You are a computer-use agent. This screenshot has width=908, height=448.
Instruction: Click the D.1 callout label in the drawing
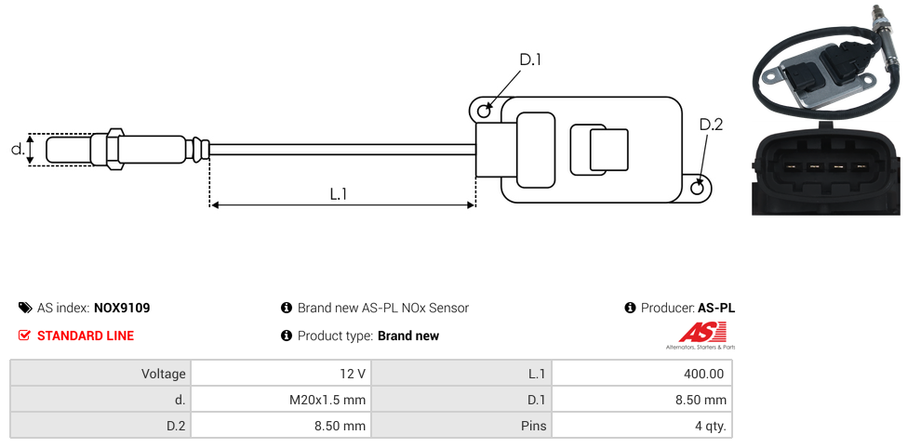coord(530,59)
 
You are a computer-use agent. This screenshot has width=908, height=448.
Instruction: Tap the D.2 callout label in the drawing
coord(711,125)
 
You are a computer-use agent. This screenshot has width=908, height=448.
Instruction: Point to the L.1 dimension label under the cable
coord(339,194)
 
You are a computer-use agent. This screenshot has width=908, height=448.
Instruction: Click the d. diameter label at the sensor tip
coord(17,149)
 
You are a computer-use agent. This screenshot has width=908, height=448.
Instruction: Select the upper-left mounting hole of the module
coord(484,112)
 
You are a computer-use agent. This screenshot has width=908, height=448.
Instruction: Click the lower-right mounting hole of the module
coord(699,188)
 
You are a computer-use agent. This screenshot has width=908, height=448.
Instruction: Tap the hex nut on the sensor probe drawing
coord(116,149)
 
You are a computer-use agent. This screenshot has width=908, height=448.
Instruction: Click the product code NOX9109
coord(122,308)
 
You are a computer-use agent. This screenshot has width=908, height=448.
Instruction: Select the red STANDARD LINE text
coord(86,336)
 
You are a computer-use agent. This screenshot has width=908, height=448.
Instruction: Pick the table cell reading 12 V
coord(280,374)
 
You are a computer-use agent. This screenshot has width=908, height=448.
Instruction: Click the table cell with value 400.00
coord(641,374)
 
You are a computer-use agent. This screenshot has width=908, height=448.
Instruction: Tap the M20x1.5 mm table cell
coord(280,400)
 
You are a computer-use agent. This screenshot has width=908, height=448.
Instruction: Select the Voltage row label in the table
coord(100,374)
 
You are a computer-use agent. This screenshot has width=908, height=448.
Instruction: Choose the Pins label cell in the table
coord(461,426)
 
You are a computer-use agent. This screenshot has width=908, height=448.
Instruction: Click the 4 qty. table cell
coord(641,426)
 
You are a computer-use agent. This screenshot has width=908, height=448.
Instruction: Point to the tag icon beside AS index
coord(25,308)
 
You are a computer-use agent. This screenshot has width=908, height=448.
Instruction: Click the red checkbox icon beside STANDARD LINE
coord(25,336)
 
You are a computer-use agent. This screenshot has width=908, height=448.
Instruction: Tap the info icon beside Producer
coord(630,308)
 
